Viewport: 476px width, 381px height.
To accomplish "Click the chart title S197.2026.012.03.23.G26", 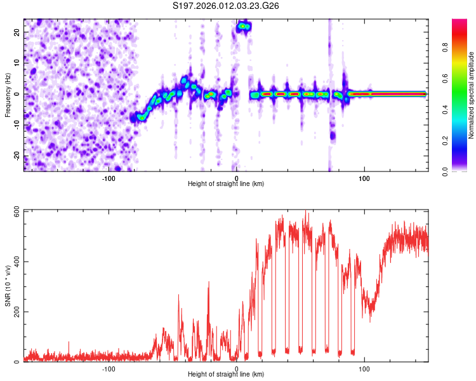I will click(227, 6).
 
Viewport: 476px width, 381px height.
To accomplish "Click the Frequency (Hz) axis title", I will click(8, 94).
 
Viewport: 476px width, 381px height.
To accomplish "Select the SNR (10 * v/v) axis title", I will click(8, 285).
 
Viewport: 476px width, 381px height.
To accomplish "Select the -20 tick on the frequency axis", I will click(17, 156).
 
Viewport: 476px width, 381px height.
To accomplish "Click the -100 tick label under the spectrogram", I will click(108, 178).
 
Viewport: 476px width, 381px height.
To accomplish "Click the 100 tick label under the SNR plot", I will click(364, 368).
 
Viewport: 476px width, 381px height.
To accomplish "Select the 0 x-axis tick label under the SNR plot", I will click(236, 368).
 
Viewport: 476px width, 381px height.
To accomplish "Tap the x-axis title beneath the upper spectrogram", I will click(226, 184).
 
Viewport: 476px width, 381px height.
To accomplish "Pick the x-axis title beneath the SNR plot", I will click(226, 375).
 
